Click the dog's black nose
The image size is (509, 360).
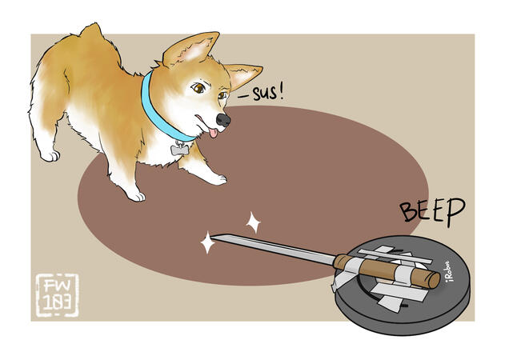point(223,120)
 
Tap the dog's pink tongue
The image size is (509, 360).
point(213,133)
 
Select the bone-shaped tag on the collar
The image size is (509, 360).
point(177,150)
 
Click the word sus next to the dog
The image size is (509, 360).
point(265,94)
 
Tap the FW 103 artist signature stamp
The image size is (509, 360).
point(57,295)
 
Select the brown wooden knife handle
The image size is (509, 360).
point(387,271)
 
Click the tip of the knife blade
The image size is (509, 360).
point(211,236)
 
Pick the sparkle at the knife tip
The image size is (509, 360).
point(207,242)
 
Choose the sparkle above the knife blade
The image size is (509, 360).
point(253,222)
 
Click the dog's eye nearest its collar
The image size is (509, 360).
point(198,88)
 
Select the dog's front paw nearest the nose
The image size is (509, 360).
point(217,179)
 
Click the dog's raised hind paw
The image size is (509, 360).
point(50,156)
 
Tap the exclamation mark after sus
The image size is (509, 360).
point(281,93)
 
